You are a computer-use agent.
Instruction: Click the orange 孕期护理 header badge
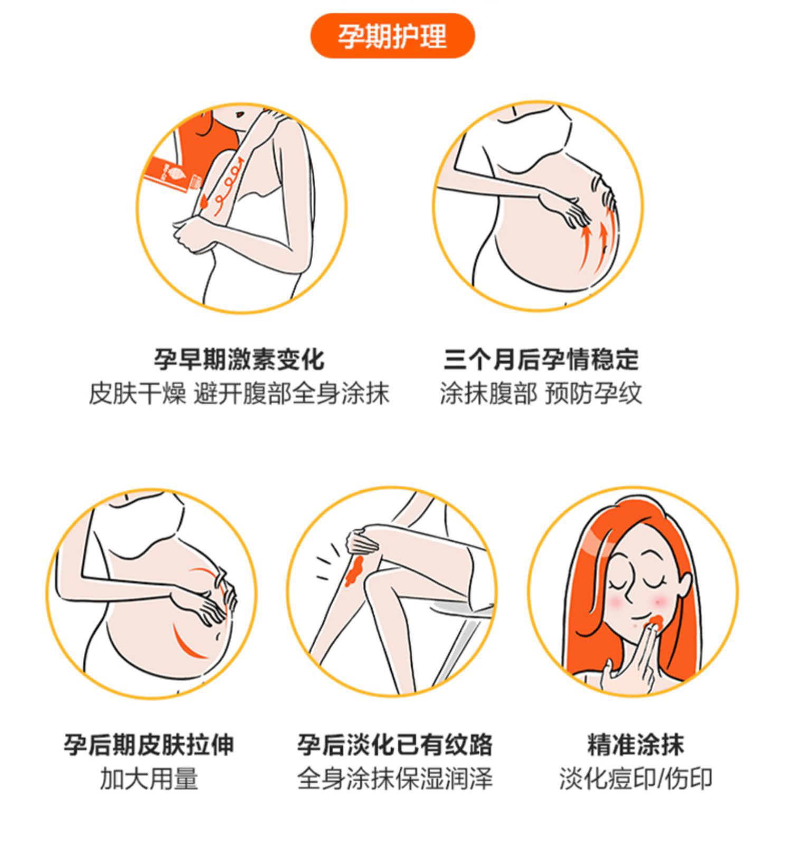(392, 36)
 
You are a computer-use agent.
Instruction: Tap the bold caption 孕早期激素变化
(239, 360)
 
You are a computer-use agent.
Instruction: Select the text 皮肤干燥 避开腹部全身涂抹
(239, 393)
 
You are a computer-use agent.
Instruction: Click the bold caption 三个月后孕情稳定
(541, 360)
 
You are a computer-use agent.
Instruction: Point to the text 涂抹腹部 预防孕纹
(541, 393)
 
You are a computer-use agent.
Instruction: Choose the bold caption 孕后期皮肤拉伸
(149, 745)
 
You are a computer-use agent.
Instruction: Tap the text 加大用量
(149, 778)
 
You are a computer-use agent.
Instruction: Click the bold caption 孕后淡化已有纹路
(394, 745)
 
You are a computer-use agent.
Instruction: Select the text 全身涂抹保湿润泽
(394, 778)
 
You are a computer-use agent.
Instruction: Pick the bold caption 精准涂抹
(636, 745)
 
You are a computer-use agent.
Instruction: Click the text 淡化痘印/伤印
(636, 778)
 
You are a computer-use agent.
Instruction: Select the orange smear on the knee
(353, 570)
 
